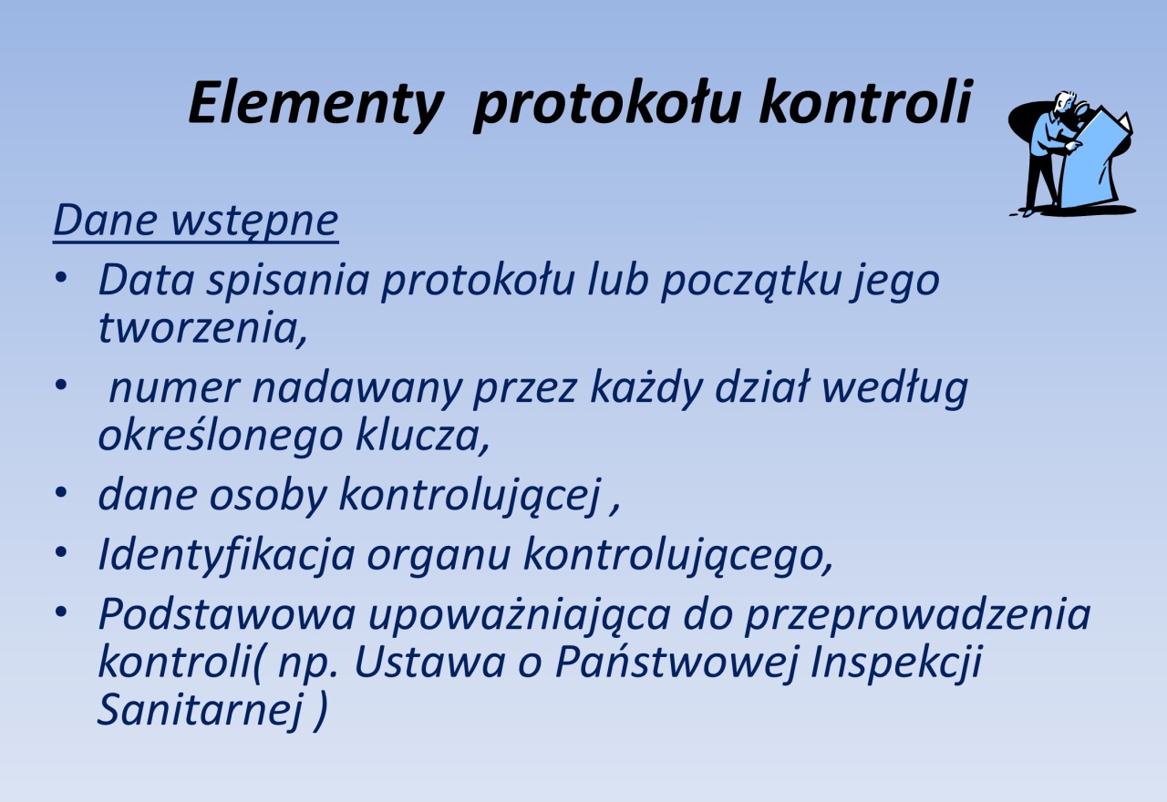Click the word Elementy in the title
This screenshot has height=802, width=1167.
316,104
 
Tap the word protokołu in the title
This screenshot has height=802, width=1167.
606,104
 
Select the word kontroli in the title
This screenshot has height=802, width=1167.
866,100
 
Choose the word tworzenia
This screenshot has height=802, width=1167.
202,329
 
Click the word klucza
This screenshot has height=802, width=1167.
423,436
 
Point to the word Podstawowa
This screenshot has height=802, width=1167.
227,615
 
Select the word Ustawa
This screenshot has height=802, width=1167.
430,662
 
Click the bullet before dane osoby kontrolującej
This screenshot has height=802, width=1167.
61,493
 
